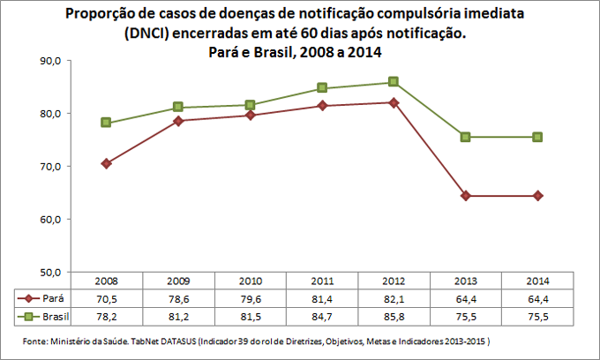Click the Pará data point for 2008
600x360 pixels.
[x=107, y=163]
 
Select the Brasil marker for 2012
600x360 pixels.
[x=394, y=82]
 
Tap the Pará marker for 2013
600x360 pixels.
[x=465, y=196]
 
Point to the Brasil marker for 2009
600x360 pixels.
[x=178, y=107]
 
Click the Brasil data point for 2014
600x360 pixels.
[x=536, y=137]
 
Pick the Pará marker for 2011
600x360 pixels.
[x=322, y=106]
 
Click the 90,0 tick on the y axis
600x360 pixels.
[x=48, y=61]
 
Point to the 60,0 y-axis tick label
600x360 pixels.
[x=48, y=219]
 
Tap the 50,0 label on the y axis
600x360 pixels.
[x=48, y=272]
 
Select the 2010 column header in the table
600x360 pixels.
[x=251, y=282]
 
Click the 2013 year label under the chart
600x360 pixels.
[x=465, y=282]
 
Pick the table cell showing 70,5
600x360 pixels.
[x=107, y=299]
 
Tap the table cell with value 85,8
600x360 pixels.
[x=394, y=315]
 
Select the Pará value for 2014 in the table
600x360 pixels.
[x=536, y=299]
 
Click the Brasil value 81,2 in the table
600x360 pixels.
[x=178, y=315]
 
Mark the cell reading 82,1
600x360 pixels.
[x=394, y=299]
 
